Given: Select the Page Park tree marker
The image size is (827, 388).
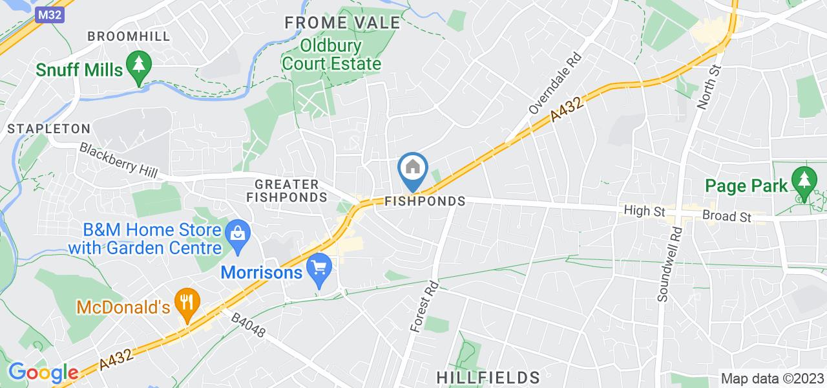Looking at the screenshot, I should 804,181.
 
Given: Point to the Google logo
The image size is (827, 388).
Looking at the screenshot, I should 43,372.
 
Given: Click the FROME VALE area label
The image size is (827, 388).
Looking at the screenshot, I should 342,23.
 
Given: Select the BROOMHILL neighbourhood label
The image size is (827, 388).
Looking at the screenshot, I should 129,36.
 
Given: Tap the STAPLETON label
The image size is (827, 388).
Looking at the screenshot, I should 48,129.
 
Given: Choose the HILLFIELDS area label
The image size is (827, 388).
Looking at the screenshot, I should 488,376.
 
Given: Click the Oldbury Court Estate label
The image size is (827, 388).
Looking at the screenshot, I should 331,55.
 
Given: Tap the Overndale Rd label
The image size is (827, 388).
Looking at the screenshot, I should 555,83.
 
